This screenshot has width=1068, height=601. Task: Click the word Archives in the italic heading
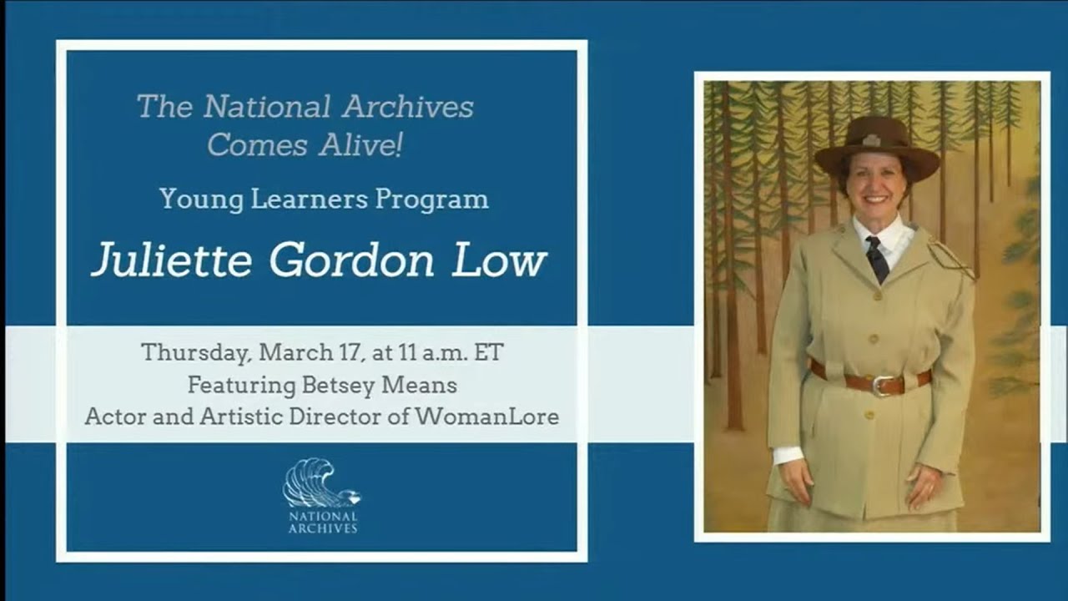click(x=408, y=107)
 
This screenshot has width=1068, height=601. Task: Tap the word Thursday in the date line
click(x=195, y=352)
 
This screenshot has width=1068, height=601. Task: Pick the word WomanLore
click(x=486, y=417)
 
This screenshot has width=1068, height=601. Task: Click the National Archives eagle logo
click(x=320, y=484)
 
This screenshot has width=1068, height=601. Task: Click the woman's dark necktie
click(x=876, y=259)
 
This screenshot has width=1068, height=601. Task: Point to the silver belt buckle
click(x=879, y=385)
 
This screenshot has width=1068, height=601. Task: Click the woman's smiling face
click(x=874, y=185)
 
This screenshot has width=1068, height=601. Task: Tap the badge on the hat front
click(x=871, y=140)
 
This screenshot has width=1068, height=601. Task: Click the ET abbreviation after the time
click(x=488, y=352)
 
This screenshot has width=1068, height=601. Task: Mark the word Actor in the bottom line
click(x=112, y=417)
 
